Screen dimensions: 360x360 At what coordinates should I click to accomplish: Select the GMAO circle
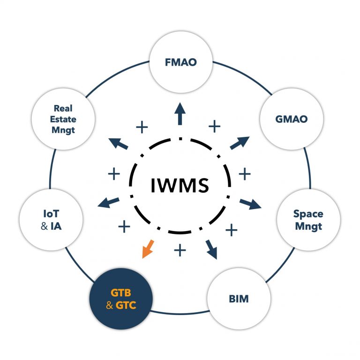(x=292, y=119)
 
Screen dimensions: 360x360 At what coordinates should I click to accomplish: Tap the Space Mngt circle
(x=308, y=220)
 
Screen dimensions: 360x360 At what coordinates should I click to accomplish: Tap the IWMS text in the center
(x=180, y=185)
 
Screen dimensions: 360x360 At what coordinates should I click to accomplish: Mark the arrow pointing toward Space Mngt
(x=251, y=203)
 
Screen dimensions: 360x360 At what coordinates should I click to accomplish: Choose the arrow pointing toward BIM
(x=211, y=249)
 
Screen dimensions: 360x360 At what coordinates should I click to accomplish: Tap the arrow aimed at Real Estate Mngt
(x=119, y=143)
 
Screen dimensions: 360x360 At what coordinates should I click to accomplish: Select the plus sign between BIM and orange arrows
(x=180, y=250)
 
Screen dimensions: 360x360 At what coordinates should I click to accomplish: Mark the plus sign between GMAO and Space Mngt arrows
(x=245, y=174)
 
